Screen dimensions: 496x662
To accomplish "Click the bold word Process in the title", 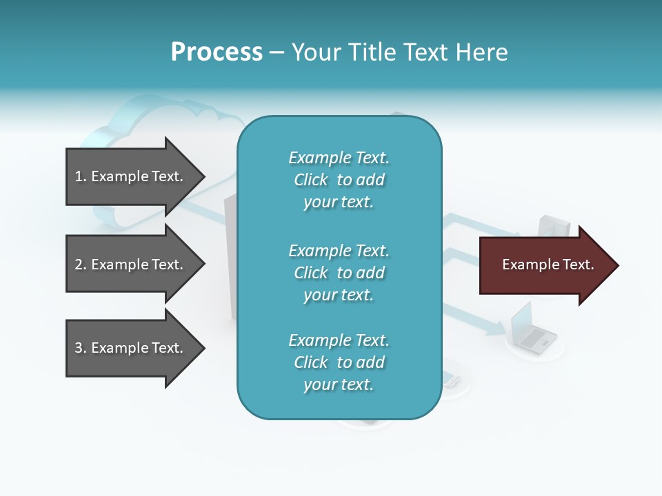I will pyautogui.click(x=217, y=52).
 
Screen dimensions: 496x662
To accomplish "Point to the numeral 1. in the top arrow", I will pyautogui.click(x=80, y=176).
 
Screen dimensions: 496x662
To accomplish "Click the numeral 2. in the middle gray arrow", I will pyautogui.click(x=80, y=265).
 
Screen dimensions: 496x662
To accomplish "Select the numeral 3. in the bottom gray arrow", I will pyautogui.click(x=80, y=348).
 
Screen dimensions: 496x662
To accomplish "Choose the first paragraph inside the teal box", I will pyautogui.click(x=339, y=180).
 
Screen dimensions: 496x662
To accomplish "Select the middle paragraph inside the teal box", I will pyautogui.click(x=339, y=273).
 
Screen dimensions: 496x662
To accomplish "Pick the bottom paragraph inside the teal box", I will pyautogui.click(x=339, y=362).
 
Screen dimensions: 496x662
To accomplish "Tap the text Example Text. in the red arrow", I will pyautogui.click(x=548, y=265).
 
